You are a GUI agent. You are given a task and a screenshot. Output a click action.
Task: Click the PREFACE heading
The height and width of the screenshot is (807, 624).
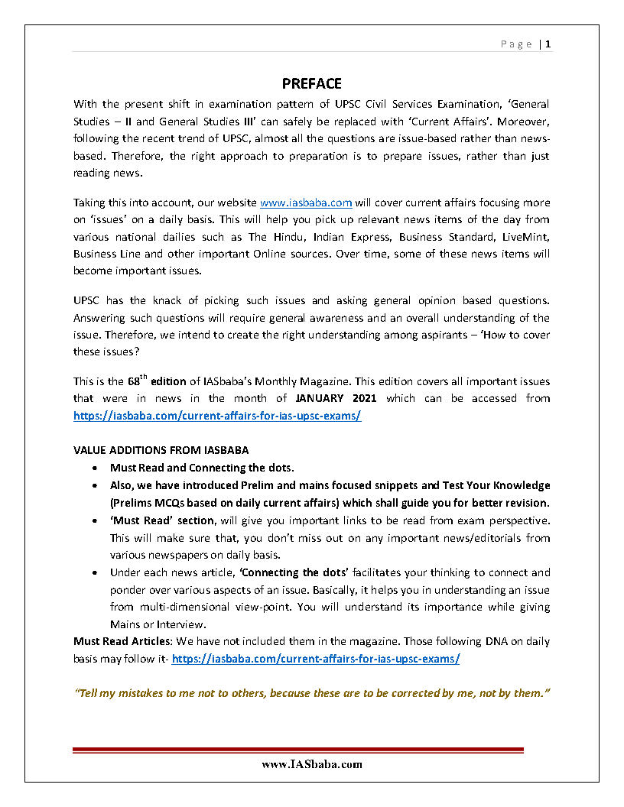311,83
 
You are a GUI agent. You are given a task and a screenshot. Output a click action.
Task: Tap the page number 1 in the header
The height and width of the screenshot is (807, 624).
548,44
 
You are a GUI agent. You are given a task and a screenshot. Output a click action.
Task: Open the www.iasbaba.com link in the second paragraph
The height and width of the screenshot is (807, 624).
306,203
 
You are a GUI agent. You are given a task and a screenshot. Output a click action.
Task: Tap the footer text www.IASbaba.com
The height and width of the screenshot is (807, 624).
311,764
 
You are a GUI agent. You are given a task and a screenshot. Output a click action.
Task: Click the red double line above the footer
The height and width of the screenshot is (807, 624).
298,750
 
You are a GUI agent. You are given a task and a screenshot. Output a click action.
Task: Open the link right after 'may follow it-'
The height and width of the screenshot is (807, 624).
316,658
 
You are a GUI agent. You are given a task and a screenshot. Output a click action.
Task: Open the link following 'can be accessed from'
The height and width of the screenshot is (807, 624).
217,416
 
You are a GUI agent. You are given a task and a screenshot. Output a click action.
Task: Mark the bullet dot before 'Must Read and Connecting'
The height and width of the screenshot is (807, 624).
93,468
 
